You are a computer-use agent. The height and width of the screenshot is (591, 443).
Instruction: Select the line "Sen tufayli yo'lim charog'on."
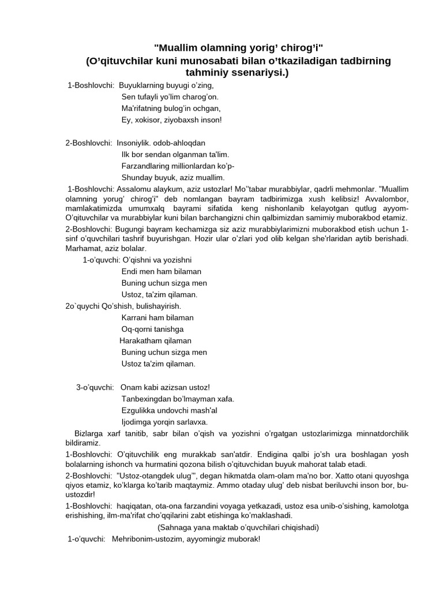[170, 97]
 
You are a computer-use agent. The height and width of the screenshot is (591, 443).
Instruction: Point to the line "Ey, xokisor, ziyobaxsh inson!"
[171, 120]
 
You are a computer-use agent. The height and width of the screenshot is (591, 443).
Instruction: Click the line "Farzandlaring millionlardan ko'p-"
[178, 166]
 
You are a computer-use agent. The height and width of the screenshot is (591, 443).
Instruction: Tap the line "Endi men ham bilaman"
[162, 271]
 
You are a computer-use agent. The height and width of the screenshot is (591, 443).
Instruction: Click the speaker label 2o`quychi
[82, 306]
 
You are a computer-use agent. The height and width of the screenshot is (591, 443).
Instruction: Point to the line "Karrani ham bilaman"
[157, 317]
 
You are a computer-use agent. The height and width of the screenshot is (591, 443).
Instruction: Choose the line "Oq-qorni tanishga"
[153, 329]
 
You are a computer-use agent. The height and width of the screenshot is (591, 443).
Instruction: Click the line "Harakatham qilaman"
[155, 341]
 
